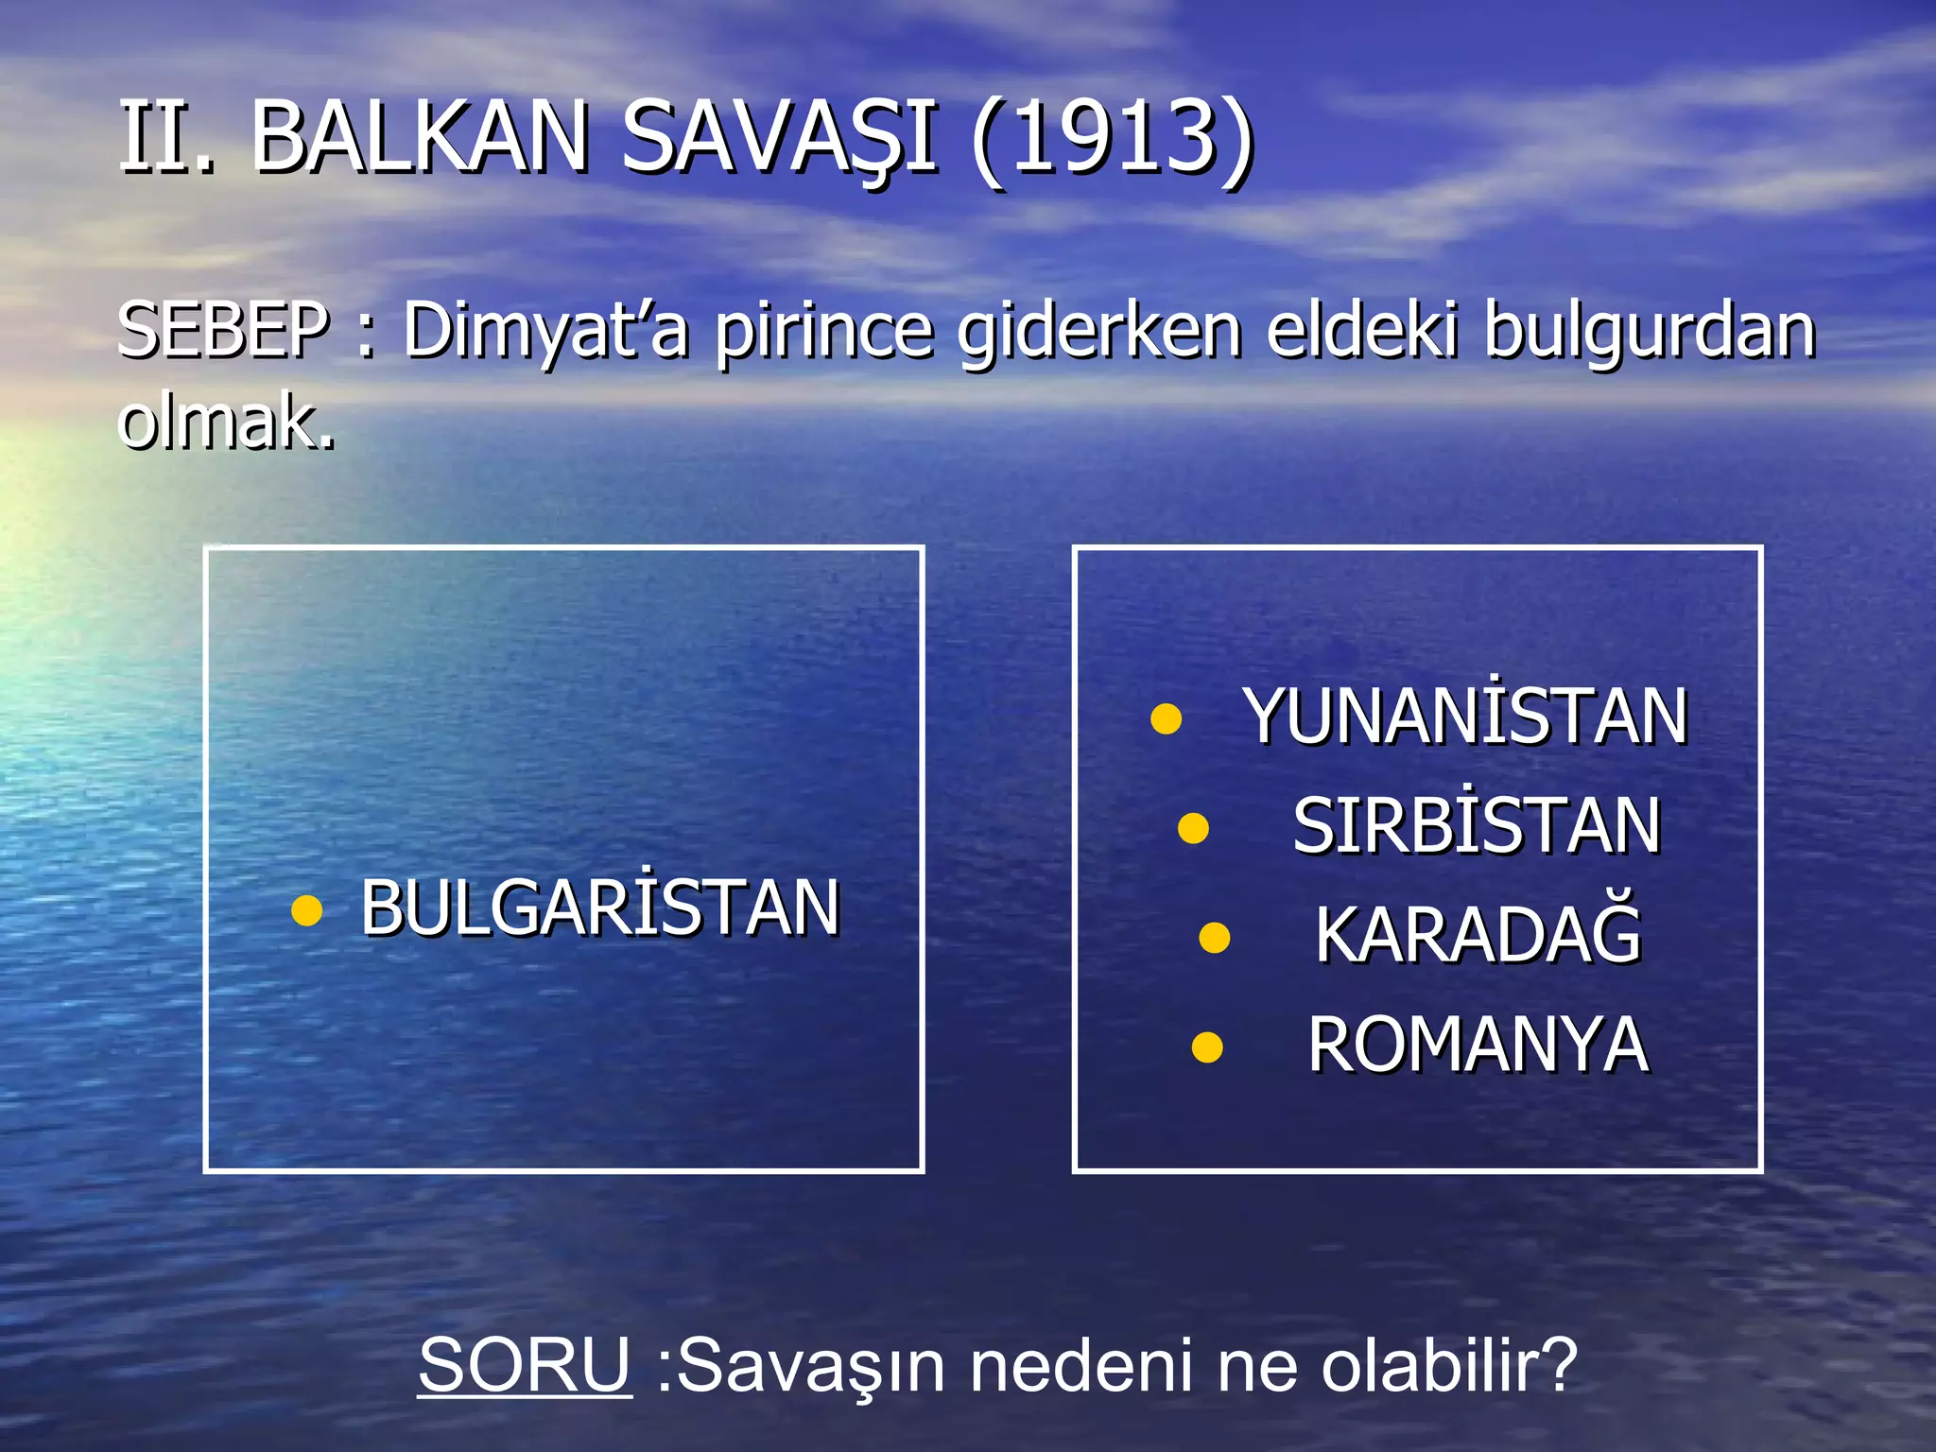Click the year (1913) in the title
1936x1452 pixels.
point(1113,139)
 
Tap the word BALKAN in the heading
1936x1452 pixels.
point(420,139)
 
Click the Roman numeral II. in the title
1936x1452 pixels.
point(166,139)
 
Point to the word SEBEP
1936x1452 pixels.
point(223,331)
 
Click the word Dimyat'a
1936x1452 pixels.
point(545,331)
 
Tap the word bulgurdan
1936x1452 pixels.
point(1649,331)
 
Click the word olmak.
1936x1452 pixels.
point(227,421)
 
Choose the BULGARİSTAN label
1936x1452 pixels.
point(599,907)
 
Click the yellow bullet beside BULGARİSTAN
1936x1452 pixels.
point(306,910)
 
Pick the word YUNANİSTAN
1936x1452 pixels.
point(1465,716)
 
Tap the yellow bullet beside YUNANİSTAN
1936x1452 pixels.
point(1167,718)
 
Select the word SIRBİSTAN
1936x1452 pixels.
point(1476,825)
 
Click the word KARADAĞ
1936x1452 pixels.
point(1478,935)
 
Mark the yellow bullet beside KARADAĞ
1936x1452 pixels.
point(1214,938)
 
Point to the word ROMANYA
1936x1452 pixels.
point(1478,1045)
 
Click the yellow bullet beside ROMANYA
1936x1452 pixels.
point(1207,1047)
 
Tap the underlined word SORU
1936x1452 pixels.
point(525,1365)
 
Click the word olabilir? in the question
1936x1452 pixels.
point(1449,1365)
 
